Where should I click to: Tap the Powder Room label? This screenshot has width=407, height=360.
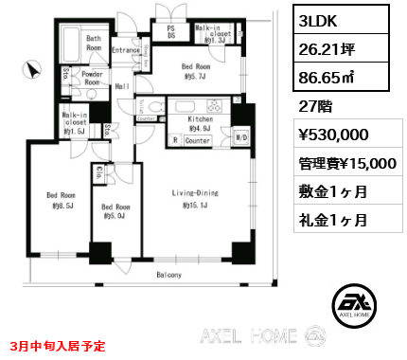click(x=92, y=78)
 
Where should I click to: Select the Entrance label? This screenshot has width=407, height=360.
click(x=126, y=50)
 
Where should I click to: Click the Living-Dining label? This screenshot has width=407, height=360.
click(x=195, y=198)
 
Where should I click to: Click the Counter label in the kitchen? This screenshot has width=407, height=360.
click(x=197, y=140)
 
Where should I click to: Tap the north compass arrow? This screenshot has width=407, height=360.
click(x=34, y=68)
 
